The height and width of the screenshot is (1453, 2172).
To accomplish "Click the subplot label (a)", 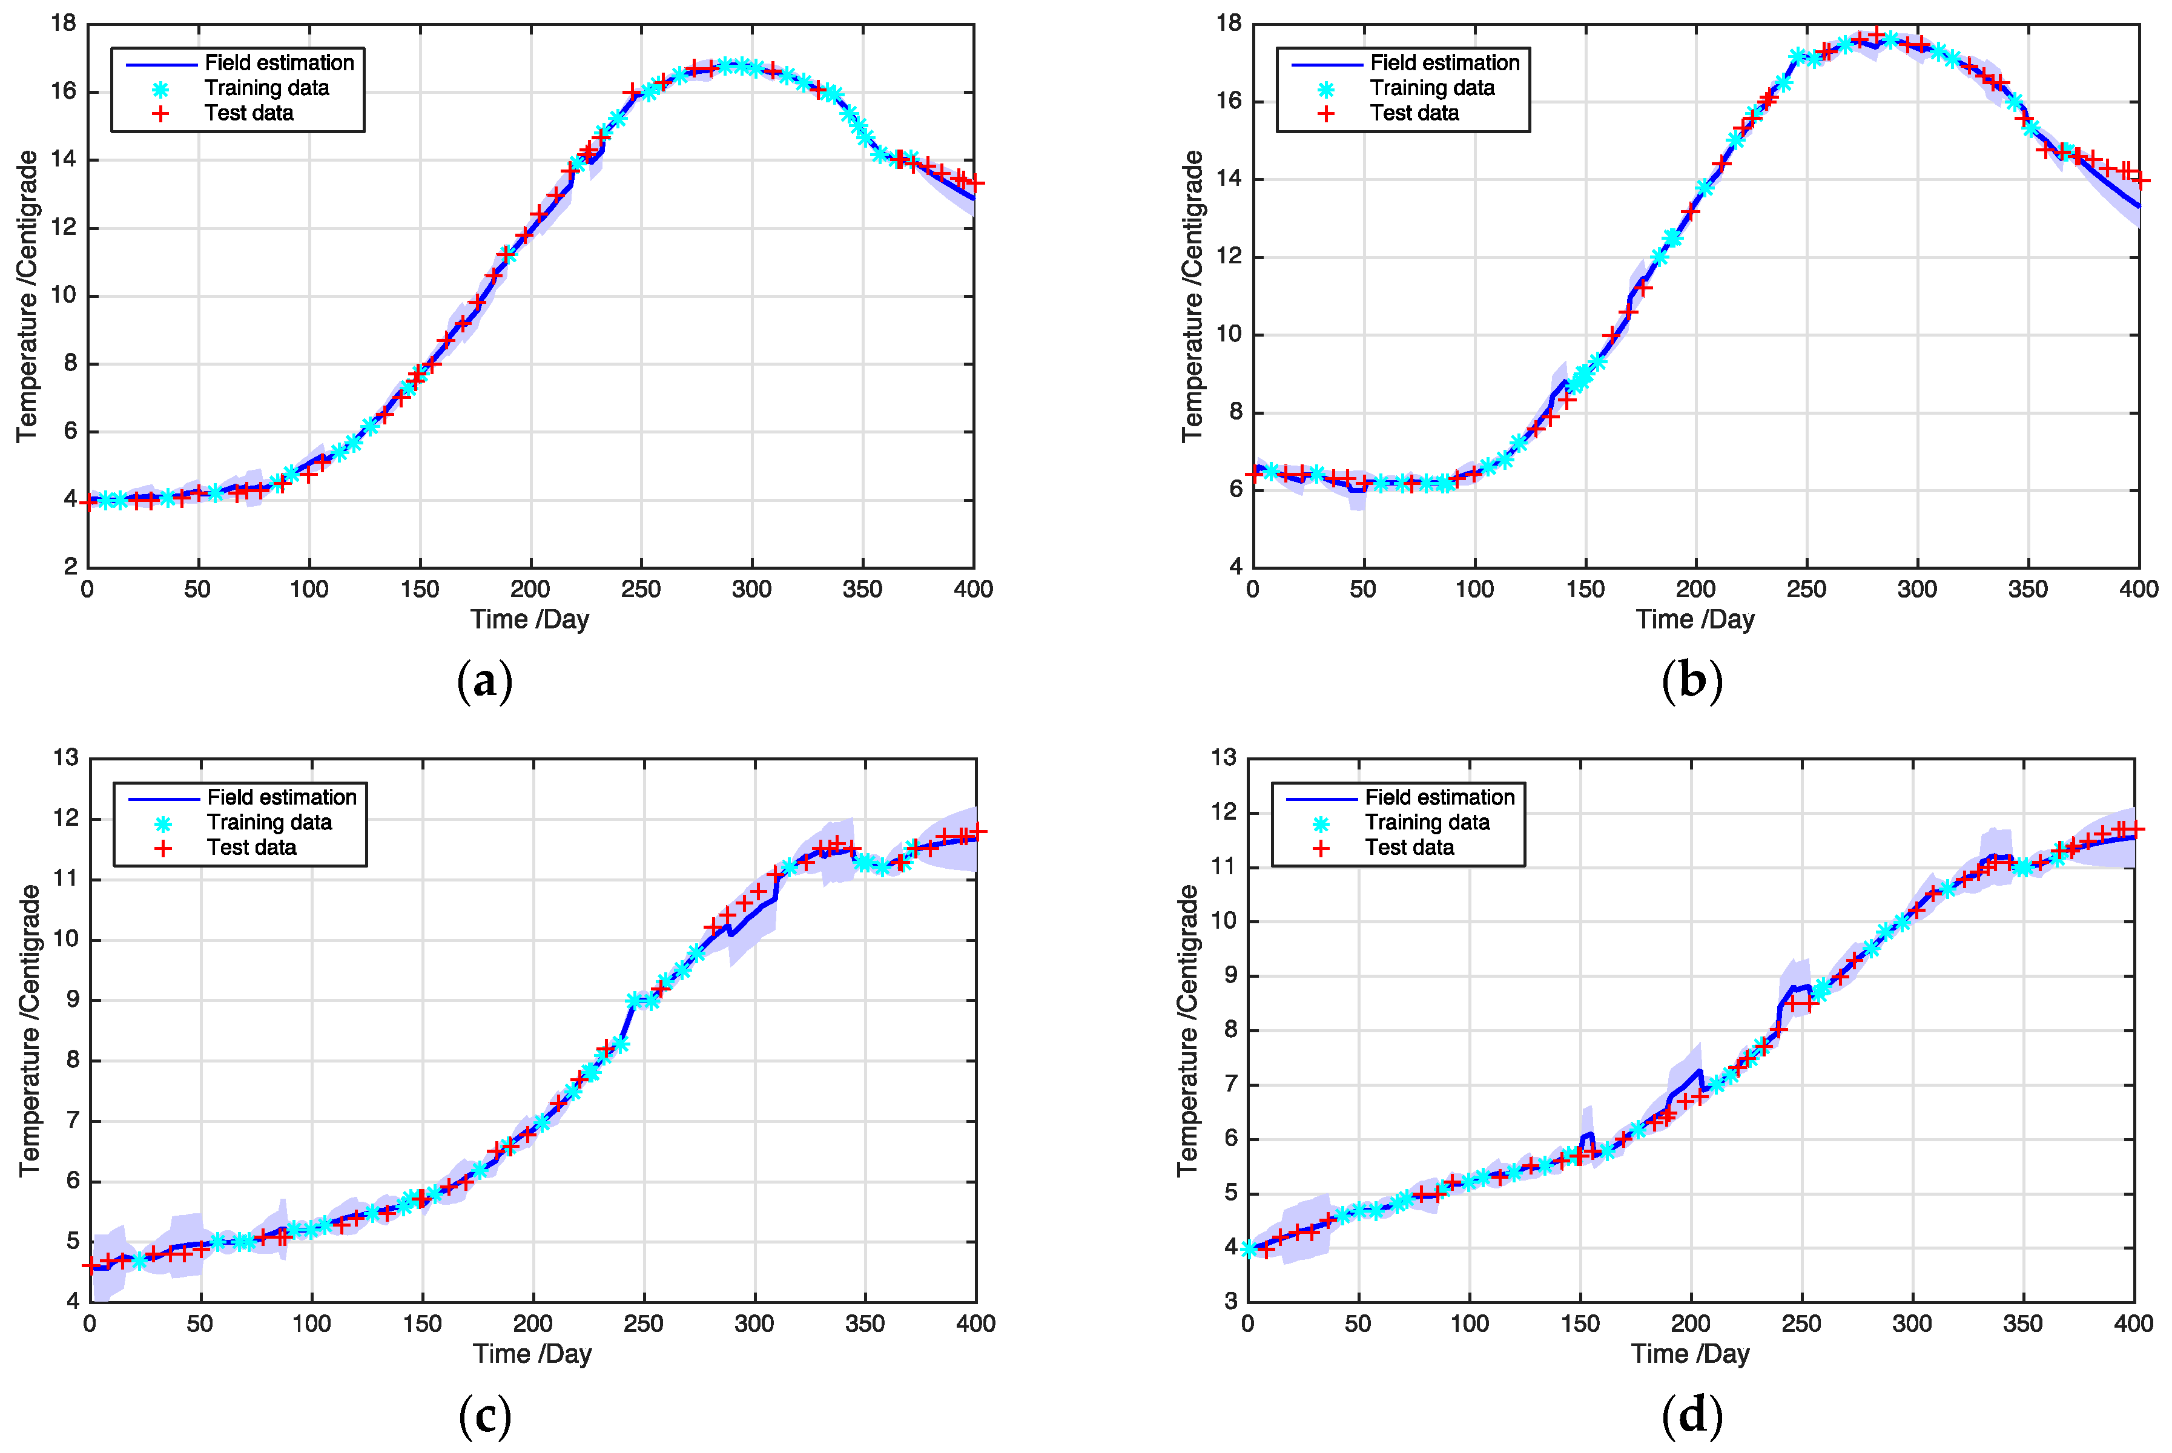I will click(484, 682).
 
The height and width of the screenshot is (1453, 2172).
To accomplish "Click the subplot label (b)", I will click(1692, 682).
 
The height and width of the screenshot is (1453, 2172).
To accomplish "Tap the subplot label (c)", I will click(484, 1416).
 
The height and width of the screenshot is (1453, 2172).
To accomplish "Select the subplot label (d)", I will click(1692, 1416).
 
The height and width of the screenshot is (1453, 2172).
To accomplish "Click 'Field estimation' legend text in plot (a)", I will click(279, 63).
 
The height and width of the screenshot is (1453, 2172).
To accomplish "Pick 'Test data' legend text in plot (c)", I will click(251, 847).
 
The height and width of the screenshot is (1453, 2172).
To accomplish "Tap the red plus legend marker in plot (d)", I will click(1321, 848).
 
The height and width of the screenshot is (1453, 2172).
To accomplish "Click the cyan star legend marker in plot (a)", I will click(161, 90).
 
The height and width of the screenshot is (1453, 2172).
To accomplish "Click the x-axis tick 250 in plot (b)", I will click(1806, 589).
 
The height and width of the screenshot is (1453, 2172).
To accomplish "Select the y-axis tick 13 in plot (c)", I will click(66, 758).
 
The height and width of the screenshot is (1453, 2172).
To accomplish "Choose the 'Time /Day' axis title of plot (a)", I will click(529, 619).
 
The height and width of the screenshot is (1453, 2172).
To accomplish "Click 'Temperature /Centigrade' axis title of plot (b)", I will click(1192, 295).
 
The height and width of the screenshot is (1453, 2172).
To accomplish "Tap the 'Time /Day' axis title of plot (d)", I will click(1690, 1354).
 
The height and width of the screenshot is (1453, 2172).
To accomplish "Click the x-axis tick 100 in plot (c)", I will click(311, 1323).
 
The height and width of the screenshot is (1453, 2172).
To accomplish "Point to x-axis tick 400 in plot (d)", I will click(2133, 1323).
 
